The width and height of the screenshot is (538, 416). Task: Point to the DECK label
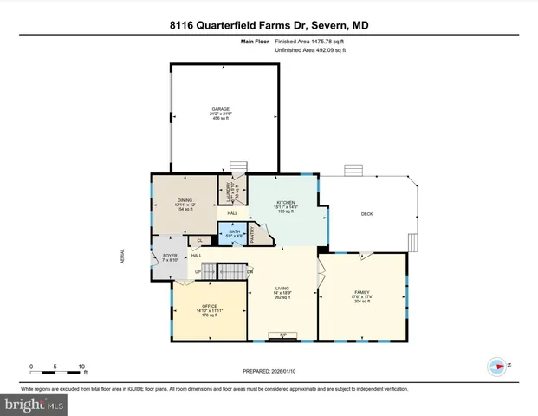point(367,214)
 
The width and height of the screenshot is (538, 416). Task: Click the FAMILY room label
point(362,293)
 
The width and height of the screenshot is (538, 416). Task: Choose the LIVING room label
point(282,289)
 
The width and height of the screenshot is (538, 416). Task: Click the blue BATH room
point(234,232)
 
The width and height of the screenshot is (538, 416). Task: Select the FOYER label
point(170,257)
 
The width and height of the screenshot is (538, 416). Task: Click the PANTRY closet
point(254,232)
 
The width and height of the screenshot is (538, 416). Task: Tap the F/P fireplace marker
point(282,335)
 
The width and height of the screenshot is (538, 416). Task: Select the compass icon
point(497,367)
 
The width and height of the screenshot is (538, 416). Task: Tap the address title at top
point(269,26)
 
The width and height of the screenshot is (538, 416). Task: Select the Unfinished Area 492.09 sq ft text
point(310,50)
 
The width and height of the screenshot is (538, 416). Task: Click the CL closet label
point(199,240)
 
